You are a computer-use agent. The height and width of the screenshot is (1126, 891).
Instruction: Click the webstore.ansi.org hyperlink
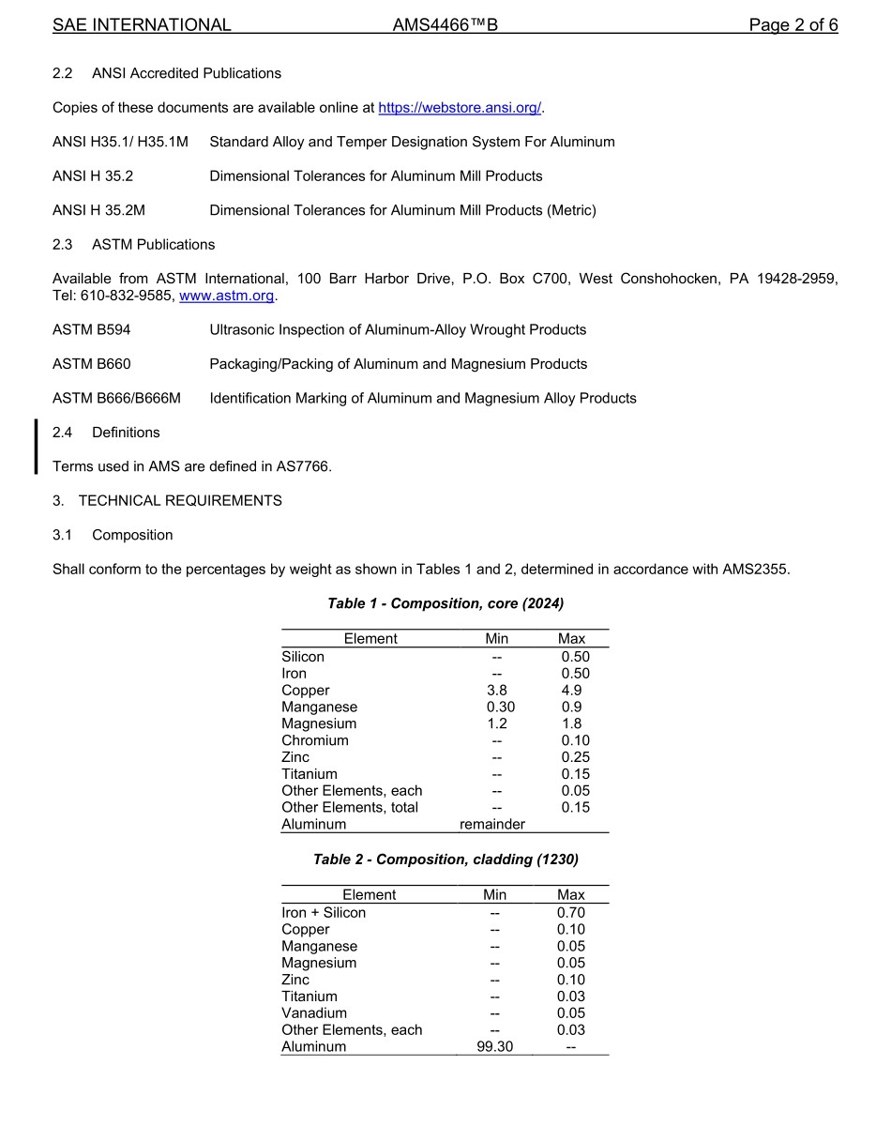459,108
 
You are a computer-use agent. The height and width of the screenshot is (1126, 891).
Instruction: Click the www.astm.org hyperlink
227,296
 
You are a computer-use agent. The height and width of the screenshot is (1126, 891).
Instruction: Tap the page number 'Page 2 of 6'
793,25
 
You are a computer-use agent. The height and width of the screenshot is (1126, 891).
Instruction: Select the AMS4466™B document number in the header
445,25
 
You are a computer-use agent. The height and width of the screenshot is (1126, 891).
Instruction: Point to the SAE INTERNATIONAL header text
142,25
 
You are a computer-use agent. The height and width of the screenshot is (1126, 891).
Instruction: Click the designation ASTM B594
92,329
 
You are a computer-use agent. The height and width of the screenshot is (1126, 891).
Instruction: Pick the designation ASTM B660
92,364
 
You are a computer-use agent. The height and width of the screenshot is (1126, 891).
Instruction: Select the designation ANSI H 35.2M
99,210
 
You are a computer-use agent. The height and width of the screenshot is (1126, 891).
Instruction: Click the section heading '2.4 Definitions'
106,433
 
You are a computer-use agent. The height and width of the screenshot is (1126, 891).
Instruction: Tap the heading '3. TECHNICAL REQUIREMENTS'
167,501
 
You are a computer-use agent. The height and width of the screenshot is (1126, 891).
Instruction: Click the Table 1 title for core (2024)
445,603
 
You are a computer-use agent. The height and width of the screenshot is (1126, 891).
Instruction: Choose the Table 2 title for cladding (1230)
445,860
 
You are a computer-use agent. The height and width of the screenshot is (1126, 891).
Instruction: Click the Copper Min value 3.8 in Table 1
496,691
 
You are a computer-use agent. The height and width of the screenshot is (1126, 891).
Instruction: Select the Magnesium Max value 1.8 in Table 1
571,723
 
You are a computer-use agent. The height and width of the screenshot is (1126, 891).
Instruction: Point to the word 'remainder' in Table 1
492,824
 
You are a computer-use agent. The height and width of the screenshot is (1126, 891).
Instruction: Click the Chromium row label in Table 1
315,740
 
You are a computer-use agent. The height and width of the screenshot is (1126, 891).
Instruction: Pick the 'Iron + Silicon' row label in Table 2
324,913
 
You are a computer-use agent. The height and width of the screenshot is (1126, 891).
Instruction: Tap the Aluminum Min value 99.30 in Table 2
494,1046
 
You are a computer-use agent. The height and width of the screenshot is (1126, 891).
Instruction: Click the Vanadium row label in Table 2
314,1013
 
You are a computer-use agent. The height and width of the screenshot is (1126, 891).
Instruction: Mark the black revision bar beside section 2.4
37,447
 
